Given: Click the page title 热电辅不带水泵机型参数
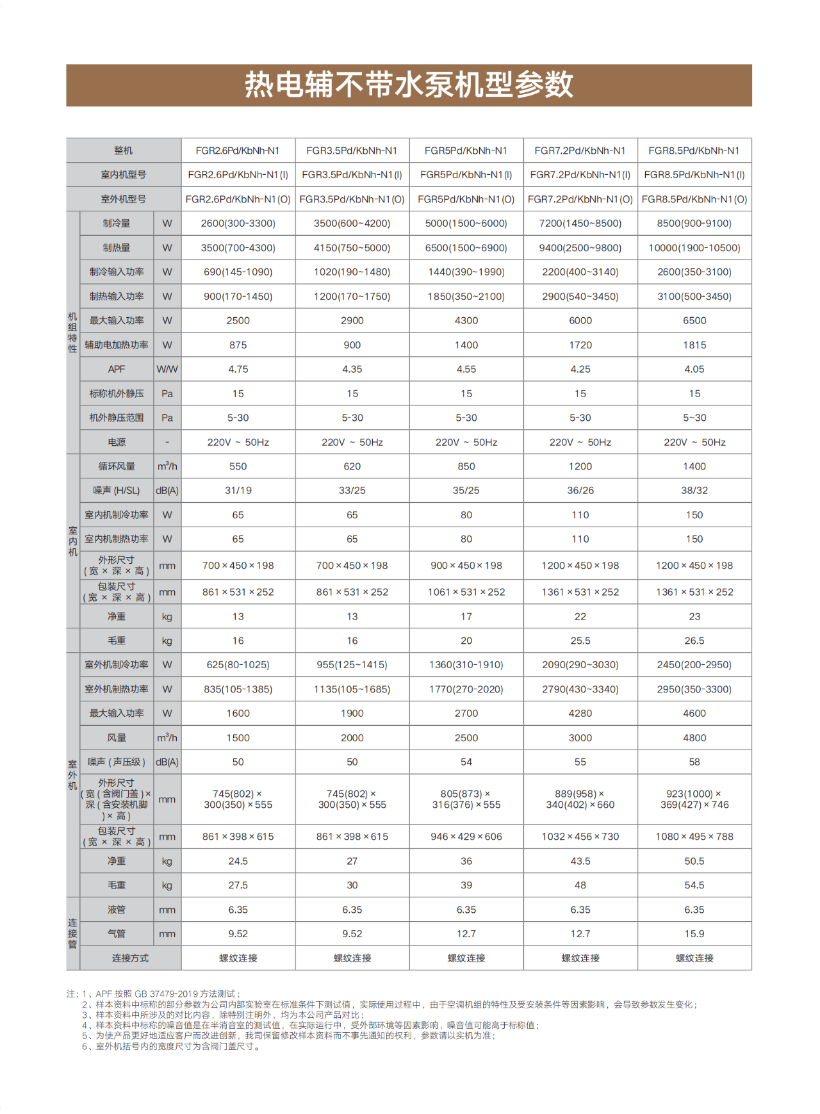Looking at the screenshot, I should point(409,85).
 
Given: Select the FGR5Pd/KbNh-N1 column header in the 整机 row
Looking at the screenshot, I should point(466,151).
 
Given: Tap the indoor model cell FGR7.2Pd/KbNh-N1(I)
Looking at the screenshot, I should point(580,175).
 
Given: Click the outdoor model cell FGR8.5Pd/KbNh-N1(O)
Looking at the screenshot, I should point(694,199).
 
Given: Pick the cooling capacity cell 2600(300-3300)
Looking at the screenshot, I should point(238,224).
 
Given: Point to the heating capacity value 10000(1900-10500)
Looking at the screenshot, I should point(694,248).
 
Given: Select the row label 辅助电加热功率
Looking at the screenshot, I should point(117,345).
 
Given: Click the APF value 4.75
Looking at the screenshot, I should point(238,369).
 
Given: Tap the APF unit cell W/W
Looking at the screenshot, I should point(167,369).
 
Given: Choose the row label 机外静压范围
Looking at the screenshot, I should point(117,418).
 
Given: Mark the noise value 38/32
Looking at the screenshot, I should point(694,491).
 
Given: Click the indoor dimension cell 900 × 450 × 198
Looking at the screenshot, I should point(466,566).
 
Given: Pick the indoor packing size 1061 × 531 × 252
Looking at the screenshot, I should point(466,592).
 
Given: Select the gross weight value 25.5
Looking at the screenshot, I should point(580,641).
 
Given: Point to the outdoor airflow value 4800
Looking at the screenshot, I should point(694,738).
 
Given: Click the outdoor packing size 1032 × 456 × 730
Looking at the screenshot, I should point(580,837).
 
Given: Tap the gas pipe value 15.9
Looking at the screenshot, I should point(694,934).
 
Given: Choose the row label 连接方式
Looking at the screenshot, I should point(130,958).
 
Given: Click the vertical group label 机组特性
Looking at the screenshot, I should point(72,332).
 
